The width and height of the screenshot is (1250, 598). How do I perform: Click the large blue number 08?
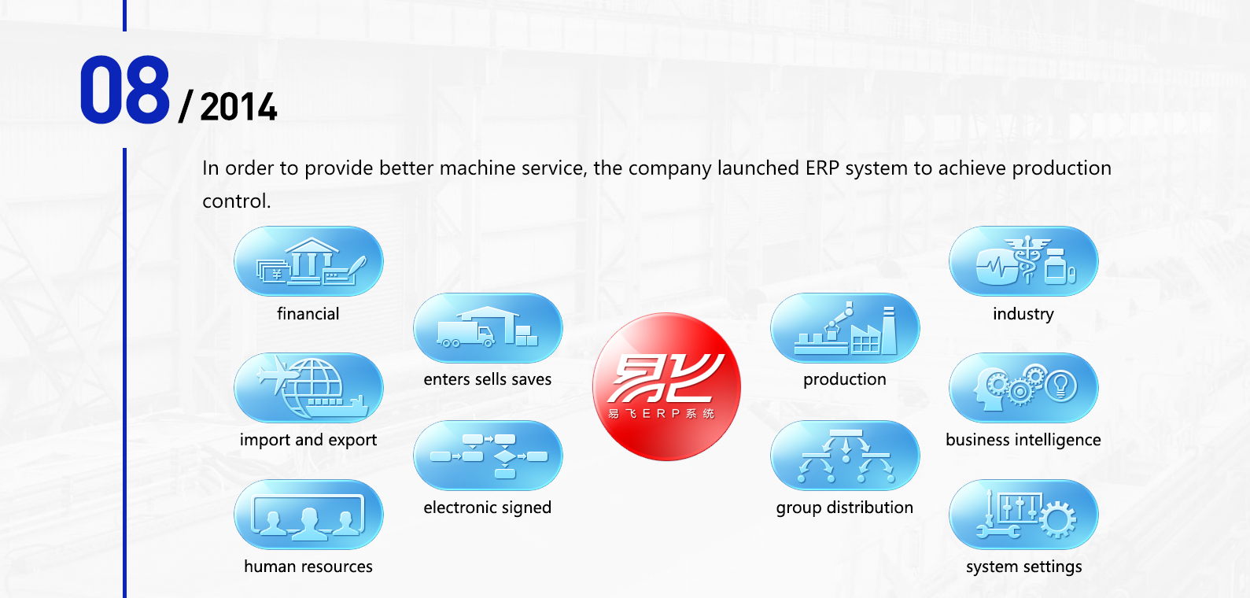(124, 90)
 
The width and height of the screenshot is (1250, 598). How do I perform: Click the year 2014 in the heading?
(238, 107)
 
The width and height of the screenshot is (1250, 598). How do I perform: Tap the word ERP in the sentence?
(823, 168)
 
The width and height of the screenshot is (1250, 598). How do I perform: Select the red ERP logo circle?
(666, 386)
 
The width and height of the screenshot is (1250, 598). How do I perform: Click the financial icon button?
(308, 261)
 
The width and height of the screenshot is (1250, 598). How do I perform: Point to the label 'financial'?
(308, 314)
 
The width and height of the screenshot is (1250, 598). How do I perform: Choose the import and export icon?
(308, 388)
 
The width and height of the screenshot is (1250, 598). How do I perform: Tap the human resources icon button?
(308, 515)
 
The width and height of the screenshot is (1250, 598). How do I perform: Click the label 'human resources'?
(308, 567)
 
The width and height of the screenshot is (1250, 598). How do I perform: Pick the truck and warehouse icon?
(488, 328)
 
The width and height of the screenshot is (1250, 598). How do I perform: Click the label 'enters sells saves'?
(487, 380)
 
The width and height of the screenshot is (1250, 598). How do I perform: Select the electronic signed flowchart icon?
(488, 456)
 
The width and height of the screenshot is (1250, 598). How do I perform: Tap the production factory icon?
(845, 328)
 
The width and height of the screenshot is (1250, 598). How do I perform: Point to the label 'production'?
(844, 380)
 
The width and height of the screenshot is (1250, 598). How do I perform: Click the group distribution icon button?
(845, 456)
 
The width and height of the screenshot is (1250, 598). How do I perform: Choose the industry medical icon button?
(1023, 261)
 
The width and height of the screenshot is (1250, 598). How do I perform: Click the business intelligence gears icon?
(1023, 388)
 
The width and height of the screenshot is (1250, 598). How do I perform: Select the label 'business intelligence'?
(1023, 440)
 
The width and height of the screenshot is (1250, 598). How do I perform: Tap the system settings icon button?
(1023, 515)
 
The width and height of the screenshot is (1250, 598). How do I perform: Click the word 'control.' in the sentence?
(236, 201)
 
